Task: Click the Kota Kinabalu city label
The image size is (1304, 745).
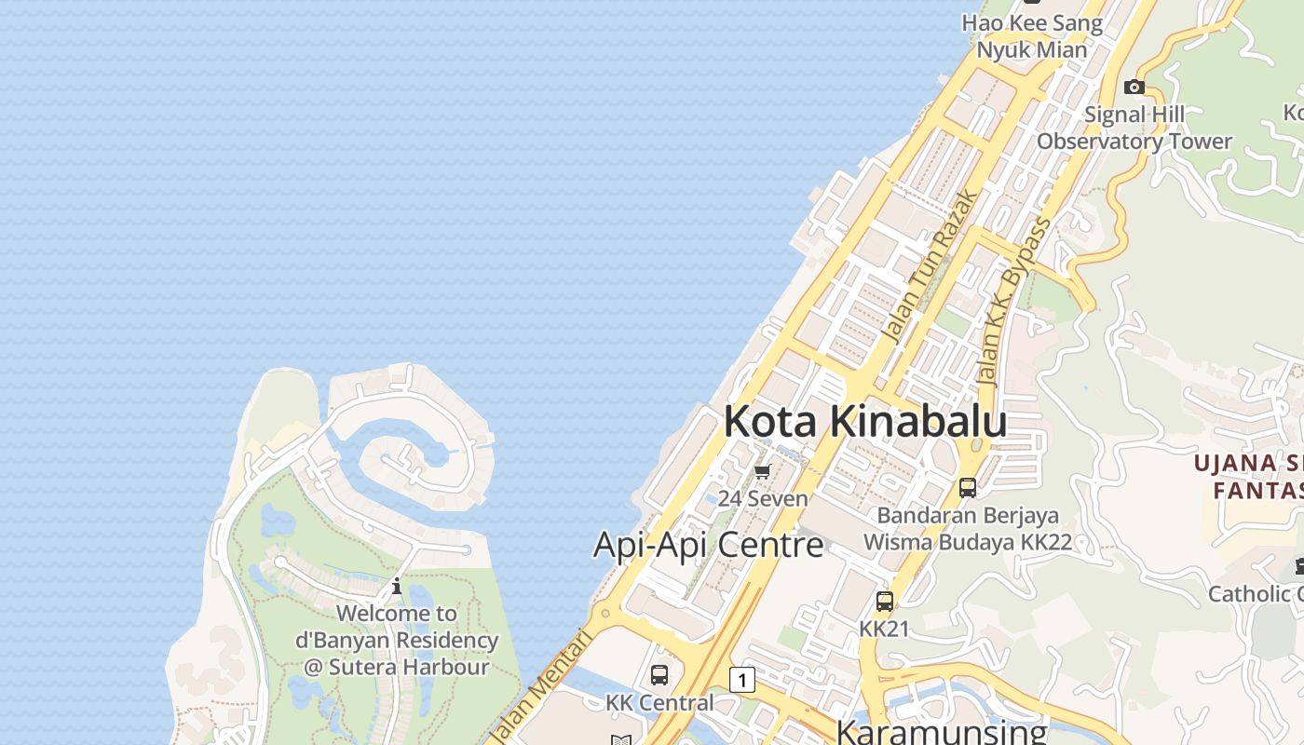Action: (865, 421)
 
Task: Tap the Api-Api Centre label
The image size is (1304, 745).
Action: (708, 545)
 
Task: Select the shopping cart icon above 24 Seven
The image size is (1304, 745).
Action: (763, 471)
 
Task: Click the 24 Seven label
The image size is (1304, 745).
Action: (763, 498)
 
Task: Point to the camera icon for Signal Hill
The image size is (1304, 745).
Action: (1134, 87)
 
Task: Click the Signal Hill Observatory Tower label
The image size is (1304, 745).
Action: (1134, 128)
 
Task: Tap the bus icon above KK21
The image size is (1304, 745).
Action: (884, 602)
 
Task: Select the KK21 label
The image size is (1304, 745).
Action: (884, 629)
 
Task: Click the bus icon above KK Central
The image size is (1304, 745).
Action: (659, 675)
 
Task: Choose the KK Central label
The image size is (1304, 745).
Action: (659, 702)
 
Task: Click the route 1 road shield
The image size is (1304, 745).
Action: (741, 680)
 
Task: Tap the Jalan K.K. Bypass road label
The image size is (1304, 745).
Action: (1014, 301)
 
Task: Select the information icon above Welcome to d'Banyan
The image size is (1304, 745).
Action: (397, 586)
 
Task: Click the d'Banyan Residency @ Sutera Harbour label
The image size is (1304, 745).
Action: (397, 641)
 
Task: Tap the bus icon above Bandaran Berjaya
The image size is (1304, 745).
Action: (968, 487)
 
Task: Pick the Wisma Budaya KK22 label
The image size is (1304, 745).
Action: (968, 541)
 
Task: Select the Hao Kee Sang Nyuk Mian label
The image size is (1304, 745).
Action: (1032, 36)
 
